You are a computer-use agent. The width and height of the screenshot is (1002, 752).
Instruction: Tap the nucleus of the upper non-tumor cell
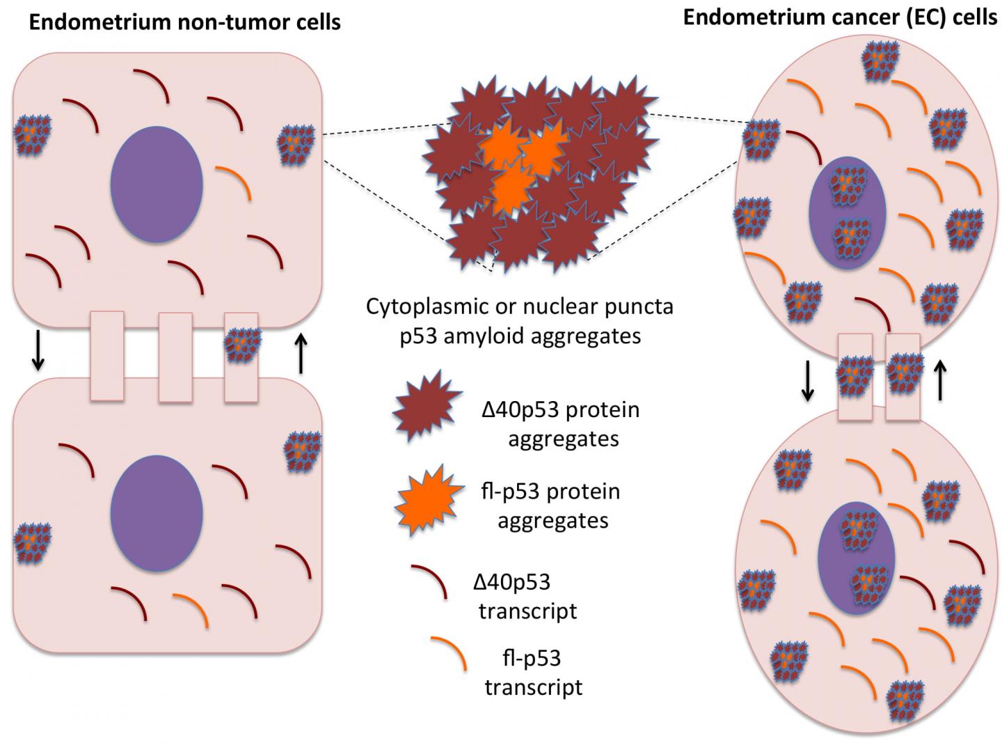157,185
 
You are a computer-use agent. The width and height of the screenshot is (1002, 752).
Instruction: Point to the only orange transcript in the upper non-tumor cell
235,181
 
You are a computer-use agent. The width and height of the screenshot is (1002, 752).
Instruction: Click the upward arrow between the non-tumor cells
301,354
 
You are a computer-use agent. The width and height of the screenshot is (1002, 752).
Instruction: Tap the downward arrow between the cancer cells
807,382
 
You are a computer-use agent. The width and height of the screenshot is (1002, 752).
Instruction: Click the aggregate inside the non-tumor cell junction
242,345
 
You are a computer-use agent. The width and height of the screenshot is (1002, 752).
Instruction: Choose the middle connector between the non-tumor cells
175,357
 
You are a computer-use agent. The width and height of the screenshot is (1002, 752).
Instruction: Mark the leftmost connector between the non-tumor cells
107,357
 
